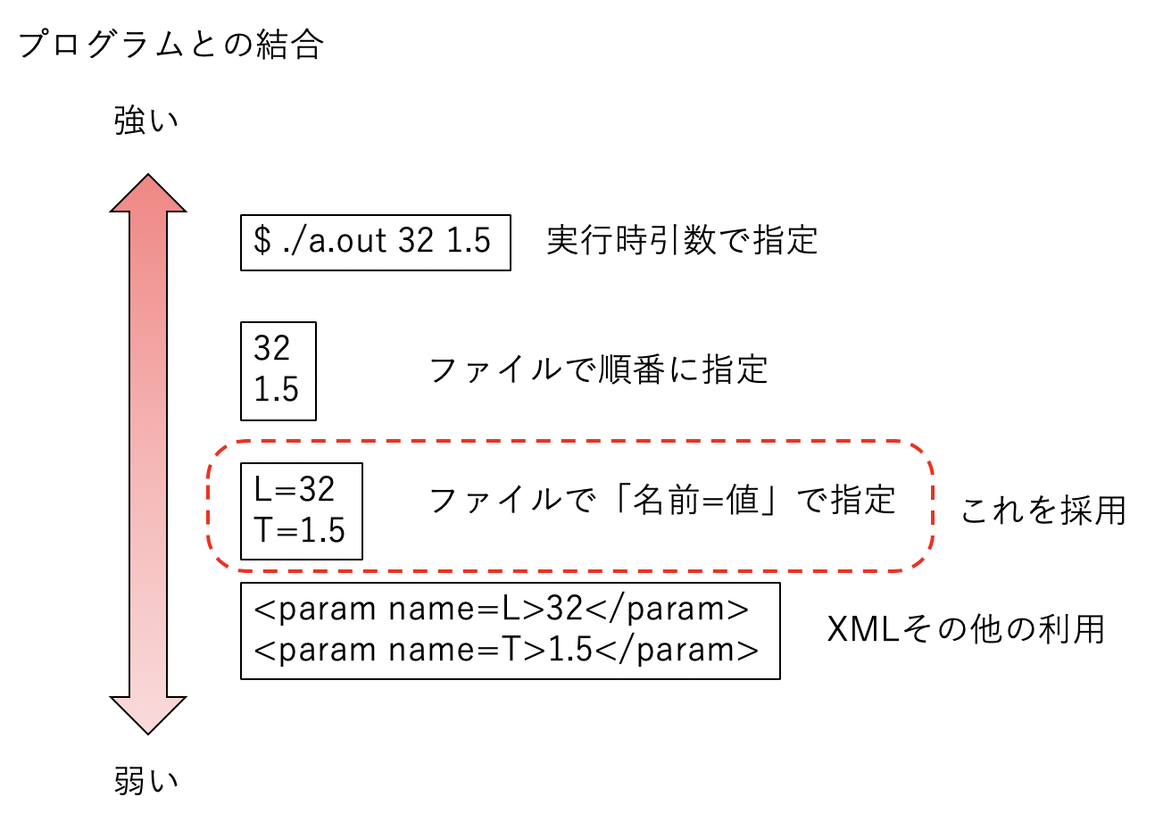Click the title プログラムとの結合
click(x=170, y=45)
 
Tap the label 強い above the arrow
click(x=146, y=120)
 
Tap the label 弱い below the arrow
click(x=146, y=781)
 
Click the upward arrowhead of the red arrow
click(x=148, y=195)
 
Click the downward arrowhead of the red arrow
click(x=148, y=713)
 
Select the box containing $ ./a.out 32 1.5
click(x=375, y=242)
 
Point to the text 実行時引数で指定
click(x=682, y=240)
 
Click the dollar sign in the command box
click(x=262, y=240)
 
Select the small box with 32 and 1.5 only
click(x=278, y=370)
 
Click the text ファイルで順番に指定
click(x=598, y=369)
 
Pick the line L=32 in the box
click(x=295, y=489)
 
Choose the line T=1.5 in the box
click(x=300, y=530)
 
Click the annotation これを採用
click(x=1043, y=510)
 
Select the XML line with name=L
click(x=501, y=609)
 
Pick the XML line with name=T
click(x=506, y=650)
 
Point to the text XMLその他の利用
click(x=966, y=629)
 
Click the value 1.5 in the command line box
click(x=469, y=240)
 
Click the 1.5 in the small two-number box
click(x=276, y=390)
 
